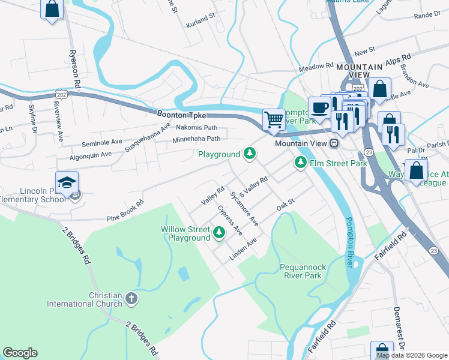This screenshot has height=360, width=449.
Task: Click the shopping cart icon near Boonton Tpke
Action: pos(274,119)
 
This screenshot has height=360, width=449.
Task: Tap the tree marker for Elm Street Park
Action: pos(300,163)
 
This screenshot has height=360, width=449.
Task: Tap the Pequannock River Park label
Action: pos(301,271)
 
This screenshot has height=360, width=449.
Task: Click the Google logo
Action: pos(20,353)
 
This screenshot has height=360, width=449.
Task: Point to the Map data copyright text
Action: pos(411,355)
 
